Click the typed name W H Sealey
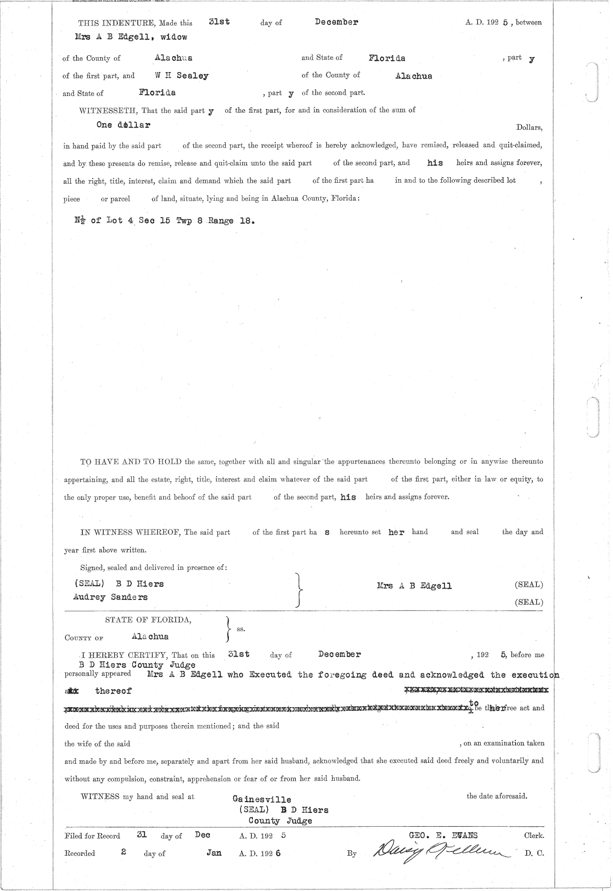[182, 76]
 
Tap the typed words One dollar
[123, 125]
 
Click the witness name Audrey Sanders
[110, 597]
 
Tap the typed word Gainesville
[262, 800]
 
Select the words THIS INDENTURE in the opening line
[116, 23]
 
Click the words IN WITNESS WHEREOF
[131, 532]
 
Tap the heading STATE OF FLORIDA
[148, 620]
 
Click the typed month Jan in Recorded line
[214, 853]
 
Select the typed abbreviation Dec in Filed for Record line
[202, 835]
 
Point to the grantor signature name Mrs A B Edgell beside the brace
[414, 586]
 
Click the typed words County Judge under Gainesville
[280, 821]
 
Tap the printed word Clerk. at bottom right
[534, 836]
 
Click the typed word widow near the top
[174, 37]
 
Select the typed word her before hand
[396, 532]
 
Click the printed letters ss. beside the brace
[241, 629]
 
